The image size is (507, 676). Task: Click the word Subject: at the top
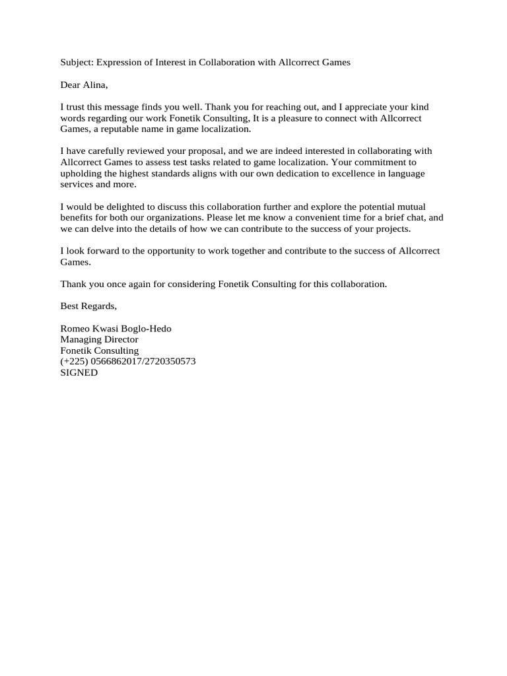pyautogui.click(x=77, y=62)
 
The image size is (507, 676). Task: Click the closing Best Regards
pyautogui.click(x=88, y=306)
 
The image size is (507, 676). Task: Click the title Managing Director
pyautogui.click(x=99, y=339)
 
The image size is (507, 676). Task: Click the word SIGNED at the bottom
pyautogui.click(x=79, y=372)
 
